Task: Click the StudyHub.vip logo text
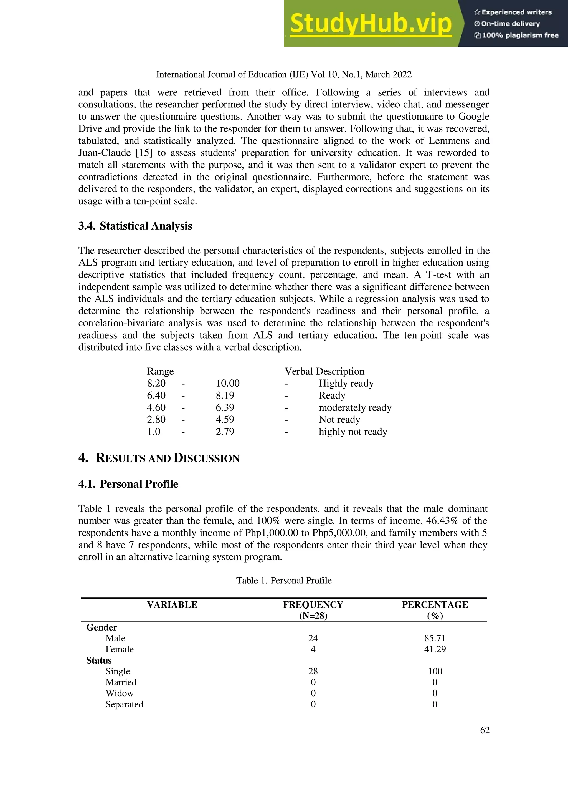[x=370, y=24]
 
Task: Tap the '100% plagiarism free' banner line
[x=517, y=35]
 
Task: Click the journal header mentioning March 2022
[x=283, y=75]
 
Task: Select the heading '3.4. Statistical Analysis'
[x=135, y=226]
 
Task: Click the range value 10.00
[x=227, y=383]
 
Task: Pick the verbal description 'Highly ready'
[x=346, y=383]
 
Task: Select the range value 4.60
[x=156, y=407]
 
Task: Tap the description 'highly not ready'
[x=353, y=431]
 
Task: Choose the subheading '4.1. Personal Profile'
[x=128, y=484]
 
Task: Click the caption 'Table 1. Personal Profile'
[x=283, y=580]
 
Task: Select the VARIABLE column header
[x=172, y=605]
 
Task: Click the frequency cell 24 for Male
[x=313, y=638]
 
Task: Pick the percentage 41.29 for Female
[x=435, y=649]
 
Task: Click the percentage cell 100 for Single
[x=435, y=671]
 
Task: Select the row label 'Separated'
[x=124, y=704]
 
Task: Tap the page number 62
[x=485, y=730]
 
